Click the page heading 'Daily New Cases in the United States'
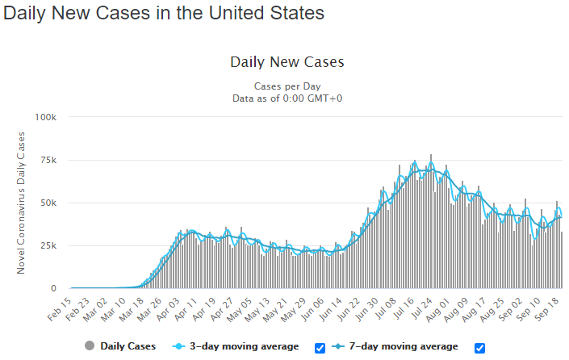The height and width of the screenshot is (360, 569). point(164,13)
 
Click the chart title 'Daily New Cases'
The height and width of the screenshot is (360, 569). point(287,62)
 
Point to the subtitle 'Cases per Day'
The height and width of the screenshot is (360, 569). point(287,86)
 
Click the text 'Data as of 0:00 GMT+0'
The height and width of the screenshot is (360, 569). point(287,98)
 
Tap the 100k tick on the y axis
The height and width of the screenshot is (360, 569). point(46,117)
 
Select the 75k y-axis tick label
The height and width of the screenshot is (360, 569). point(48,160)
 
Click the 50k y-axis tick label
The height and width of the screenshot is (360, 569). point(48,203)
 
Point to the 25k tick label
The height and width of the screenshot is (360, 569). point(48,245)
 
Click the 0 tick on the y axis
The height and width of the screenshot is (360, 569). point(54,288)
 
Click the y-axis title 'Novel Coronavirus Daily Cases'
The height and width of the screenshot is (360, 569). point(21,203)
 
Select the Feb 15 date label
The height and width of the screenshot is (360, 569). point(59,309)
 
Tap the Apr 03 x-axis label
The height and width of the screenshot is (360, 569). point(168,309)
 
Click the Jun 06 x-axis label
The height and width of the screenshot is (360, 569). point(312,309)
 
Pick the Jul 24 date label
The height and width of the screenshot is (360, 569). point(421,309)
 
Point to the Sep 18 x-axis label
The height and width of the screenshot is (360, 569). point(547,309)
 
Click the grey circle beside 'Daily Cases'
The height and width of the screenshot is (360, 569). point(90,345)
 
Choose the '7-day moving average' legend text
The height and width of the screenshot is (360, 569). point(404,346)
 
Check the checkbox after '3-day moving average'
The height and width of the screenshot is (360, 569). point(320,348)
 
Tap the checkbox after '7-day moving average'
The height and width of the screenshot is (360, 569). point(479,348)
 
